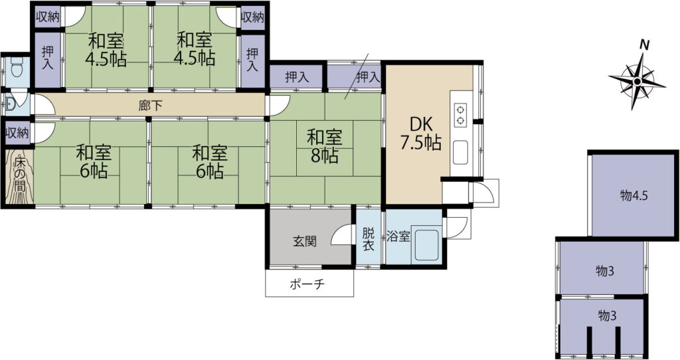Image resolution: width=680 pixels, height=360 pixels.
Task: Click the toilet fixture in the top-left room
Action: [x=17, y=66]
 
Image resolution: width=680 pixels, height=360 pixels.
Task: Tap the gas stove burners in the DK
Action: [x=461, y=114]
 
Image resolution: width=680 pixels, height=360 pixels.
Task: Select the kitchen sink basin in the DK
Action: [x=461, y=153]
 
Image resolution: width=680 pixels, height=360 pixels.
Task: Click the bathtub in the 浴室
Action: [x=427, y=246]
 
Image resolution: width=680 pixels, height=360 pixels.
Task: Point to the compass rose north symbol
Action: [x=637, y=82]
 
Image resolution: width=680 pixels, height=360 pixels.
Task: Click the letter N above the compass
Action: [x=645, y=45]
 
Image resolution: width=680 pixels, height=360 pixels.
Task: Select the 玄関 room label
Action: [x=304, y=241]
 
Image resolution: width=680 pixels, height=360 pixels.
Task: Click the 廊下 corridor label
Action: [x=151, y=106]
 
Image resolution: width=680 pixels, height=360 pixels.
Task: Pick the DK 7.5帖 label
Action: [x=420, y=134]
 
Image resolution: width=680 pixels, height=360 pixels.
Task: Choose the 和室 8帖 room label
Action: [x=325, y=146]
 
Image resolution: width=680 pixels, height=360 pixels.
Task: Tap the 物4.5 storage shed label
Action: [x=634, y=196]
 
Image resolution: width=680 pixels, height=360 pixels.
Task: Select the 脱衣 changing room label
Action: [x=368, y=239]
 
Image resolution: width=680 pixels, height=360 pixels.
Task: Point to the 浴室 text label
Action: [x=398, y=237]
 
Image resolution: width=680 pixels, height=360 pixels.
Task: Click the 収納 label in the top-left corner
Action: [x=48, y=17]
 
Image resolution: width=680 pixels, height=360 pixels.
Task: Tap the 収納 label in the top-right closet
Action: [x=252, y=17]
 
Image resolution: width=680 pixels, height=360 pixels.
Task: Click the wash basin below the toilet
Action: [x=9, y=104]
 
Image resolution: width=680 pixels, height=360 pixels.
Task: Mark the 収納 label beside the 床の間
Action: [x=17, y=133]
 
